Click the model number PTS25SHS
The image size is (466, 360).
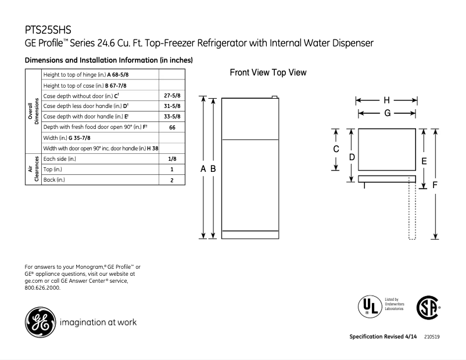[x=48, y=29]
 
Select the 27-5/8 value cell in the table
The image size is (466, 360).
[x=171, y=95]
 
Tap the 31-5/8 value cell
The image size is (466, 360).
[x=171, y=106]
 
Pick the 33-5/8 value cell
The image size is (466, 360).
[x=171, y=116]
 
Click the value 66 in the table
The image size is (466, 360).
[x=172, y=127]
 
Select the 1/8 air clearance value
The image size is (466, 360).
[x=172, y=159]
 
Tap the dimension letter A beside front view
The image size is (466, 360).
[x=203, y=168]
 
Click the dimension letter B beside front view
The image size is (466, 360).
[x=213, y=168]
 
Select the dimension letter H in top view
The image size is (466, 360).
[x=386, y=100]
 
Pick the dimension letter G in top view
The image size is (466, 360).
[x=386, y=113]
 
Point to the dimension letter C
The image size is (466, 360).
[x=336, y=149]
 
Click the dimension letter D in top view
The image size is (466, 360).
[x=352, y=157]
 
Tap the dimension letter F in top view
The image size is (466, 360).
[x=435, y=185]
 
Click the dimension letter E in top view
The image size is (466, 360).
[x=424, y=160]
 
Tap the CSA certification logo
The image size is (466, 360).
[x=427, y=307]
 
